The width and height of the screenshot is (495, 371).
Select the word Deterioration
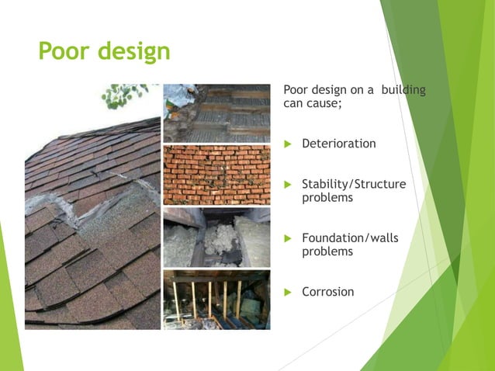(338, 144)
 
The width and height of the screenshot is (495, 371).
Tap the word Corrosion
(327, 292)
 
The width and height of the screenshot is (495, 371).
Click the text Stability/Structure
(353, 184)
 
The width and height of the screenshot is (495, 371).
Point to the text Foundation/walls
(349, 238)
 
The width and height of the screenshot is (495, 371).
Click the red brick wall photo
(216, 175)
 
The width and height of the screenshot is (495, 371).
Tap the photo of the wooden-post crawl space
(216, 299)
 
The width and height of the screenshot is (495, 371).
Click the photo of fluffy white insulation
(216, 237)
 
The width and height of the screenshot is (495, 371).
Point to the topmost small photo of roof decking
(216, 113)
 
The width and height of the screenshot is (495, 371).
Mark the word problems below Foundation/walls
(327, 251)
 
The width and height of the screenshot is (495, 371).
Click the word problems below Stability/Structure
(327, 198)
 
